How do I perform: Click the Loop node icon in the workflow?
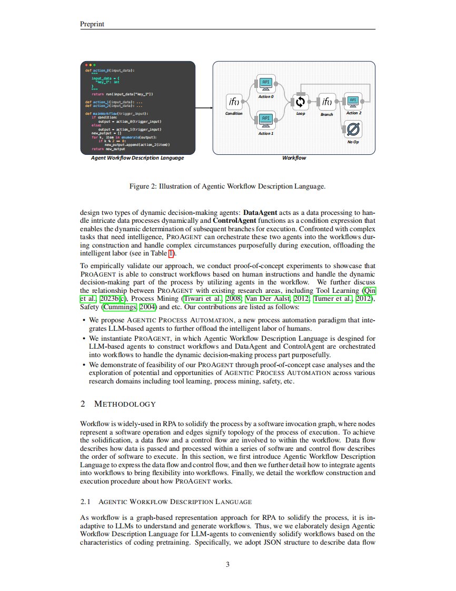coord(301,101)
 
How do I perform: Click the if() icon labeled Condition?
coord(233,101)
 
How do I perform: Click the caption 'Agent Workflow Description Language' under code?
coord(137,158)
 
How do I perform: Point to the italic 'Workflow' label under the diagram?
coord(294,158)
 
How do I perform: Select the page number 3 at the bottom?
coord(227,565)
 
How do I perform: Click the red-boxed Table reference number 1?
coord(170,254)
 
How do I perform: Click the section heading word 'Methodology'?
coord(125,404)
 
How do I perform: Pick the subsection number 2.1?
coord(85,501)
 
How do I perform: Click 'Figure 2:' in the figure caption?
coord(143,186)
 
